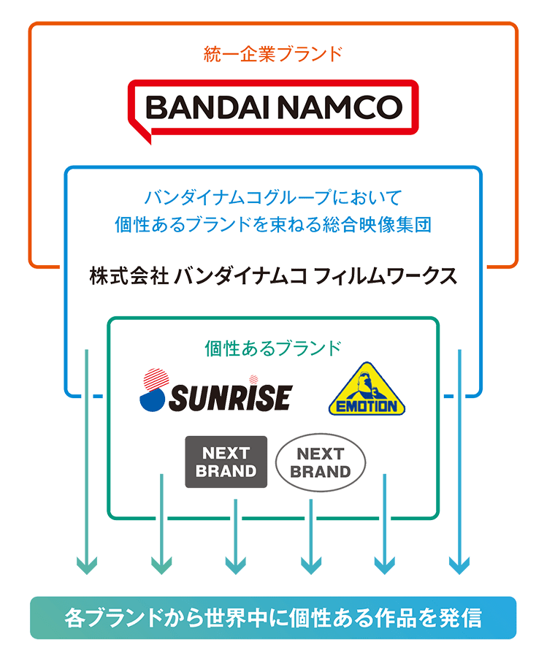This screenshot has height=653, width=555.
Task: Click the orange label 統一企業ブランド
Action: pos(272,53)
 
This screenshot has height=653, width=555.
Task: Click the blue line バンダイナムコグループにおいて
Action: pos(272,198)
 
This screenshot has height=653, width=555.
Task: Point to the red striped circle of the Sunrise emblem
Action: pos(155,381)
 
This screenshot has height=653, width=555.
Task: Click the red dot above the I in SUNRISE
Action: pos(253,380)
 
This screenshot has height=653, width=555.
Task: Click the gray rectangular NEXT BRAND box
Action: pos(226,462)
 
